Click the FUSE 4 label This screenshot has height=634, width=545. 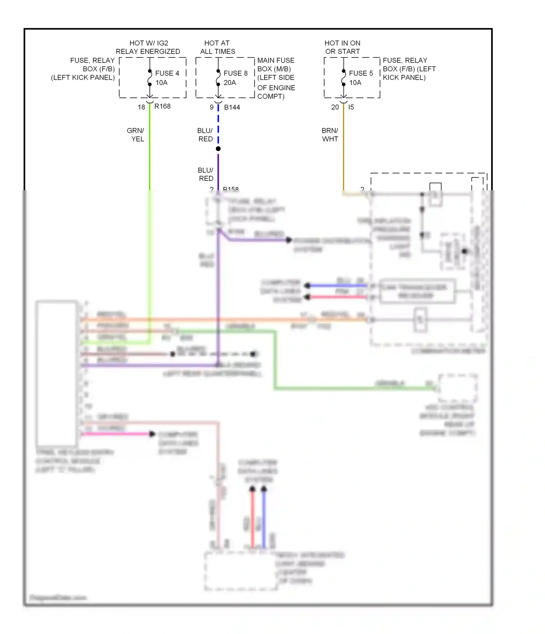(167, 73)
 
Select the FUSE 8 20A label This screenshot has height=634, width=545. (235, 78)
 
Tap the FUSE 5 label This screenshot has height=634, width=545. (361, 73)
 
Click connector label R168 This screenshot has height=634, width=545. (162, 106)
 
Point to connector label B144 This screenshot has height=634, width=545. (232, 107)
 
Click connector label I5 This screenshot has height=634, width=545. (351, 107)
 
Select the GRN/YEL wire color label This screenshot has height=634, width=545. (136, 135)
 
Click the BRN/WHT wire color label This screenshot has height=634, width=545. (330, 135)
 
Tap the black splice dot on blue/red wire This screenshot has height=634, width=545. (218, 149)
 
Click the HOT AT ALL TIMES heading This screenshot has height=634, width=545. (217, 47)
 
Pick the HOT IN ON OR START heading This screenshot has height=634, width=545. (342, 47)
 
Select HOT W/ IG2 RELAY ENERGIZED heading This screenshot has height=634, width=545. (148, 47)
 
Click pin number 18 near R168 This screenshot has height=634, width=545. (141, 107)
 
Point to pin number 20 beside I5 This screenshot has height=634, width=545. (335, 107)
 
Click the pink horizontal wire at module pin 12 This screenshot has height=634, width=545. (116, 434)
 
